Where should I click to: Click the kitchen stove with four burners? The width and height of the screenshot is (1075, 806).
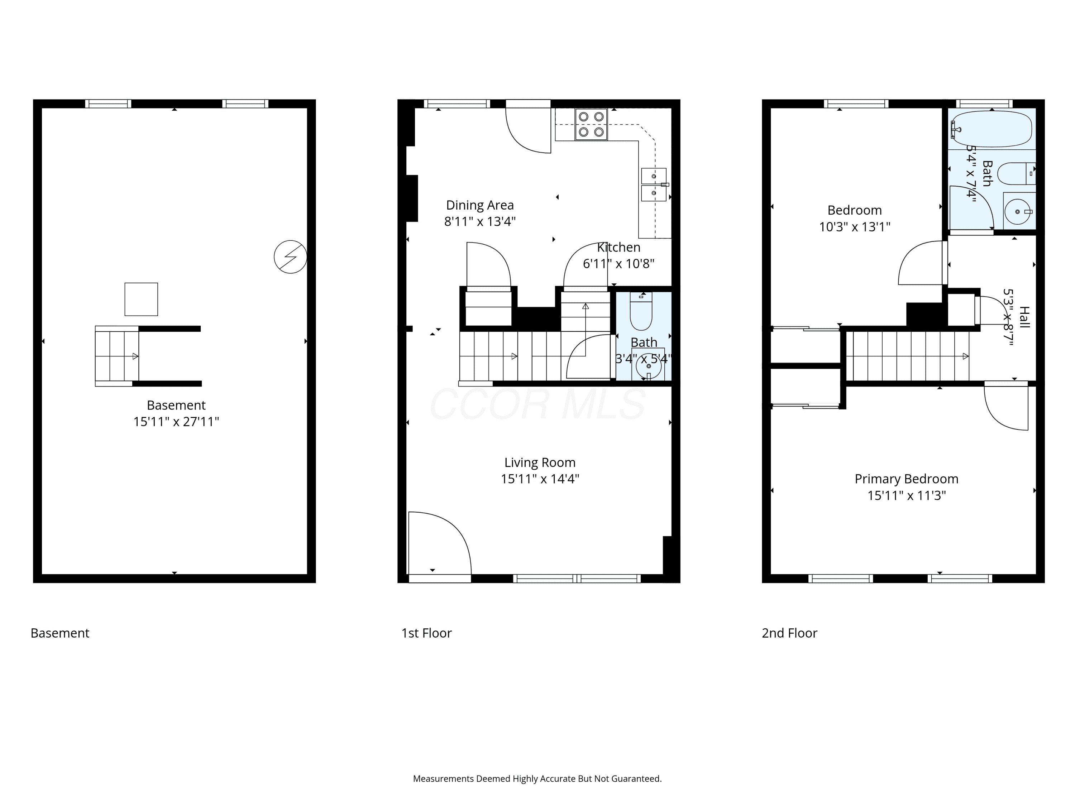[591, 124]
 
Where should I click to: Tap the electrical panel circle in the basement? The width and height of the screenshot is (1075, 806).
[290, 256]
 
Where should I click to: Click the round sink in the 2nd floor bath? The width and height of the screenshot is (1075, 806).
[1017, 212]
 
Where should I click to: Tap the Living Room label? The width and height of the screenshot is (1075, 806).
[540, 462]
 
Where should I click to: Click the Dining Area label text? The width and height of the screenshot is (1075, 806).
[480, 205]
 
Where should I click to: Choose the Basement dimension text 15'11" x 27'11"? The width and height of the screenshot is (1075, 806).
[176, 422]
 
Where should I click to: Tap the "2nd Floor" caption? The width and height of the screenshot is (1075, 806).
[789, 633]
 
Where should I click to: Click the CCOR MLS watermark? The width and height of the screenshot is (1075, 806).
[537, 404]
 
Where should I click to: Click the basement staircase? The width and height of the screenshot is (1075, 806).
[116, 356]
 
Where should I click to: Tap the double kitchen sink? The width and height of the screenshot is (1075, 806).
[654, 184]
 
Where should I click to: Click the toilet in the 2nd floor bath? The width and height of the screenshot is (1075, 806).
[1016, 173]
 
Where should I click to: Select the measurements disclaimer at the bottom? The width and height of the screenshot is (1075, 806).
[537, 778]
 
